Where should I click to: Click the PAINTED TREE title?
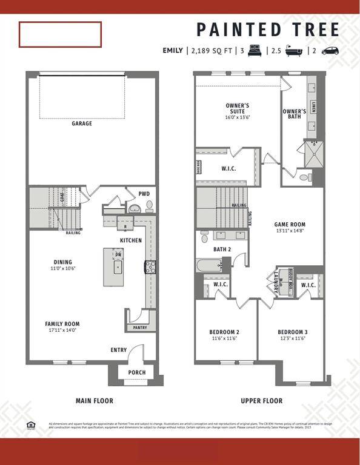coord(268,29)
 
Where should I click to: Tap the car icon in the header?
coord(330,51)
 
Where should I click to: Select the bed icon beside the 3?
coord(255,51)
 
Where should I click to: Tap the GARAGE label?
coord(82,124)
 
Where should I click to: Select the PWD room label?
coord(144,194)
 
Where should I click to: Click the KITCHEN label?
coord(131,240)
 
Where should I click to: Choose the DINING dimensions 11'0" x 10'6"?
coord(63,268)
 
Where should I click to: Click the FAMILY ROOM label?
coord(62,324)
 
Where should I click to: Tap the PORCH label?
coord(136,372)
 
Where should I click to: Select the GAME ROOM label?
coord(290,224)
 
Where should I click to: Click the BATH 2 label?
coord(222,249)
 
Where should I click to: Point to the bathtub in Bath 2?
coord(208,265)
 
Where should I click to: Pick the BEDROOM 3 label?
coord(293,332)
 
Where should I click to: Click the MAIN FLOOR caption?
coord(94,401)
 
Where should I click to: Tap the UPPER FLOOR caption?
coord(261,401)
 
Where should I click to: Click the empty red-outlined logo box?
coord(60,35)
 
